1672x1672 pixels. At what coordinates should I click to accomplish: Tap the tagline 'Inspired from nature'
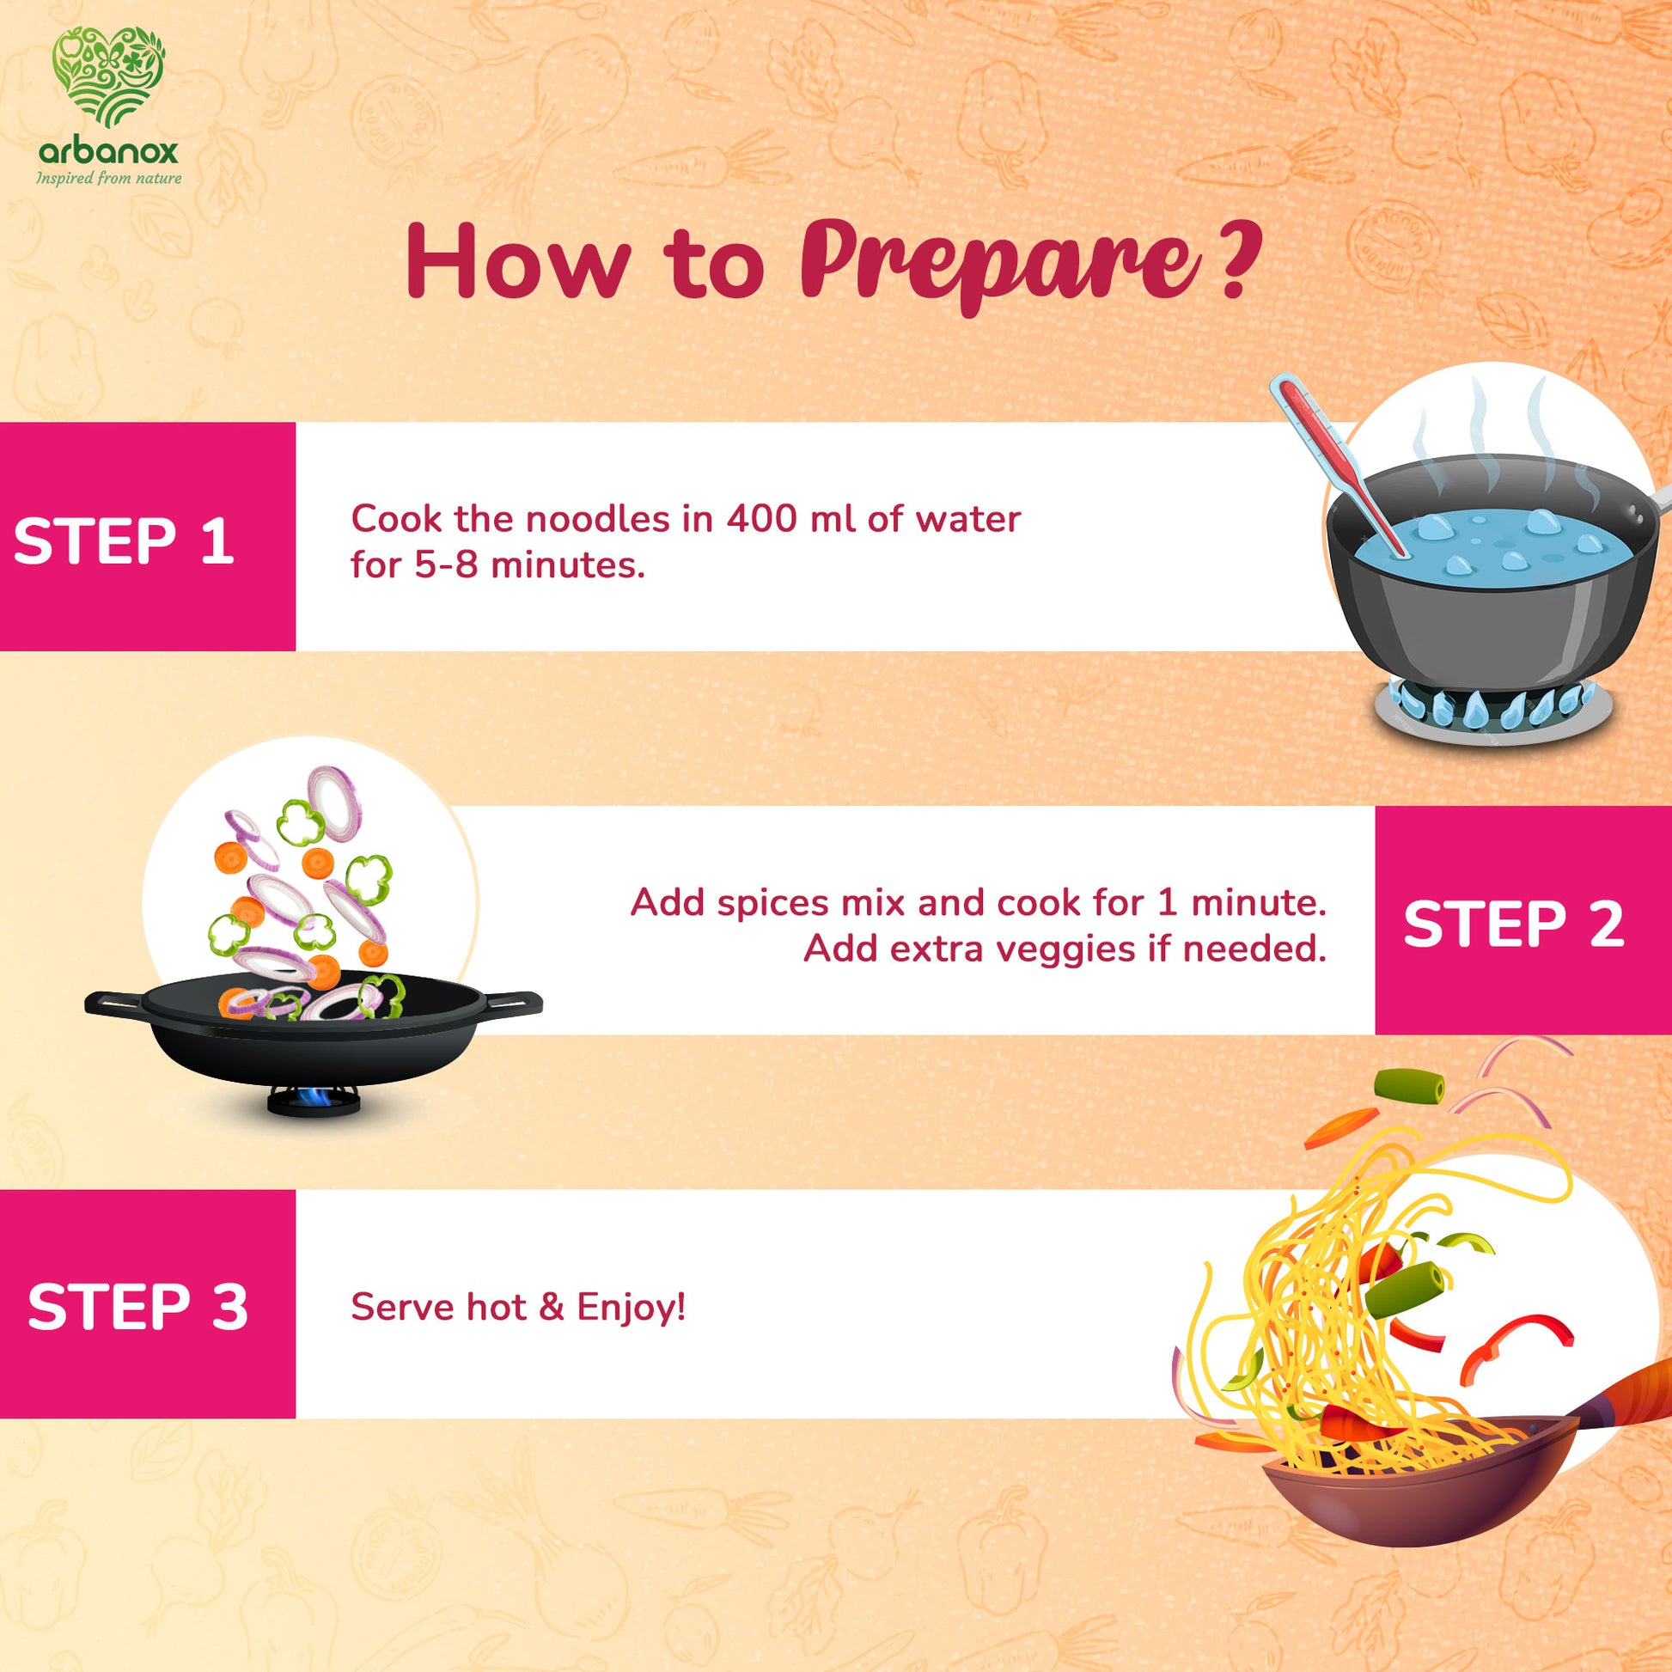click(x=109, y=178)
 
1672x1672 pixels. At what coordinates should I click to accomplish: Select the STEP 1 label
click(x=124, y=542)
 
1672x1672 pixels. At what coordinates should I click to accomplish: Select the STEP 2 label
click(x=1514, y=924)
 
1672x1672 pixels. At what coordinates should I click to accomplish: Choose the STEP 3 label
click(x=137, y=1307)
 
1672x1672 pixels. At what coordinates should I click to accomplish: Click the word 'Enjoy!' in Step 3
click(x=631, y=1308)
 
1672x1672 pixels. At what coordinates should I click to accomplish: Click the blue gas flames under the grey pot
click(x=1491, y=705)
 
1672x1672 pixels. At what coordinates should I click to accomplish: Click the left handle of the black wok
click(x=114, y=1003)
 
